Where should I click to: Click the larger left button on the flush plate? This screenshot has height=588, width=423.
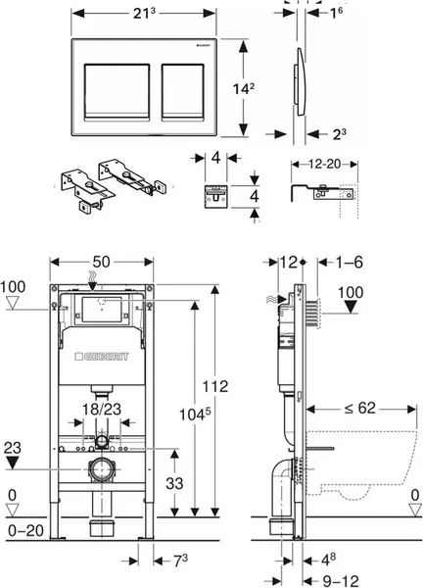(x=117, y=92)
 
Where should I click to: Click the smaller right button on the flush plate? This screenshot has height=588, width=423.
(x=183, y=92)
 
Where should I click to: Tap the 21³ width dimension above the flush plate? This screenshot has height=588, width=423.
(x=144, y=14)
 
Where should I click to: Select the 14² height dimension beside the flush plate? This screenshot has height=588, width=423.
(x=244, y=89)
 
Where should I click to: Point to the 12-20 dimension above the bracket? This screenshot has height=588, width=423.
(x=325, y=164)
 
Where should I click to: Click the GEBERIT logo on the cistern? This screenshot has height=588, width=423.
(x=102, y=357)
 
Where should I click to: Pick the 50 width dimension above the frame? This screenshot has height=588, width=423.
(x=101, y=262)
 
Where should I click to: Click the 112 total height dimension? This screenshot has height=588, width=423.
(x=215, y=386)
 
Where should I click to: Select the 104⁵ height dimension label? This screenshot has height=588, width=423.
(x=195, y=414)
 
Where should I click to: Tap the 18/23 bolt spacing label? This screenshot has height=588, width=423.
(x=102, y=409)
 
